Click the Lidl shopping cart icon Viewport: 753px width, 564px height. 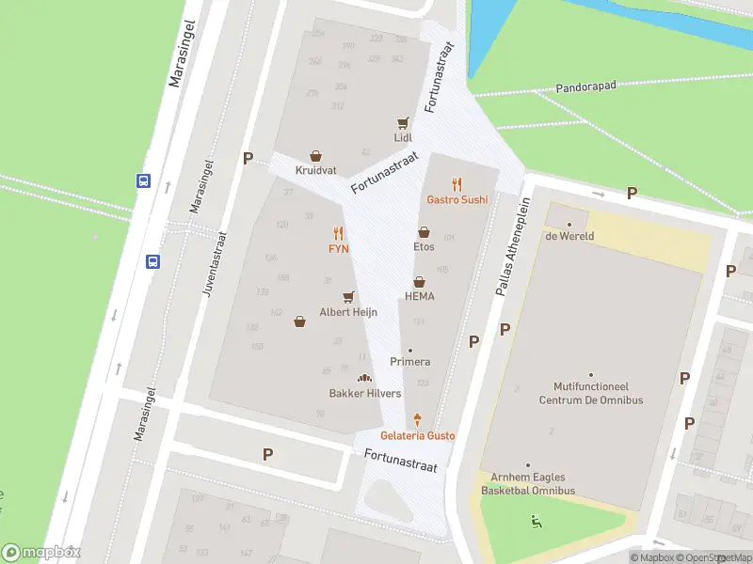pyautogui.click(x=404, y=122)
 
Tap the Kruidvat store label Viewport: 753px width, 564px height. pyautogui.click(x=315, y=170)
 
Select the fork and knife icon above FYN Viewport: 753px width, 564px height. pyautogui.click(x=338, y=233)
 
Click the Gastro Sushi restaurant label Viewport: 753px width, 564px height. pyautogui.click(x=457, y=199)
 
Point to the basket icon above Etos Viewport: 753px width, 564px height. pyautogui.click(x=424, y=231)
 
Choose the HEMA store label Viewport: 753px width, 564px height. pyautogui.click(x=419, y=296)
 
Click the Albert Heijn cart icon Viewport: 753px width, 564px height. pyautogui.click(x=348, y=296)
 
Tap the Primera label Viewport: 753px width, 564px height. pyautogui.click(x=410, y=362)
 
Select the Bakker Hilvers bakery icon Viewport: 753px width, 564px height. pyautogui.click(x=364, y=378)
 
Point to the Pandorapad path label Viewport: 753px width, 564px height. pyautogui.click(x=585, y=85)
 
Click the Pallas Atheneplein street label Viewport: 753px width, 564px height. pyautogui.click(x=508, y=246)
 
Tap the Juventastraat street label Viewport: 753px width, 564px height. pyautogui.click(x=213, y=266)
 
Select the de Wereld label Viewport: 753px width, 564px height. pyautogui.click(x=569, y=236)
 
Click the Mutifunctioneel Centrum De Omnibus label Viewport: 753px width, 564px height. pyautogui.click(x=590, y=393)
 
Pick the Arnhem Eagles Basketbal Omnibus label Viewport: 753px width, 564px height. pyautogui.click(x=527, y=484)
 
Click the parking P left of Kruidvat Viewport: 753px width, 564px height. pyautogui.click(x=248, y=159)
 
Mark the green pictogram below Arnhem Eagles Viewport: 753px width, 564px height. pyautogui.click(x=536, y=521)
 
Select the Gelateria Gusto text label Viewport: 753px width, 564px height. pyautogui.click(x=417, y=436)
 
